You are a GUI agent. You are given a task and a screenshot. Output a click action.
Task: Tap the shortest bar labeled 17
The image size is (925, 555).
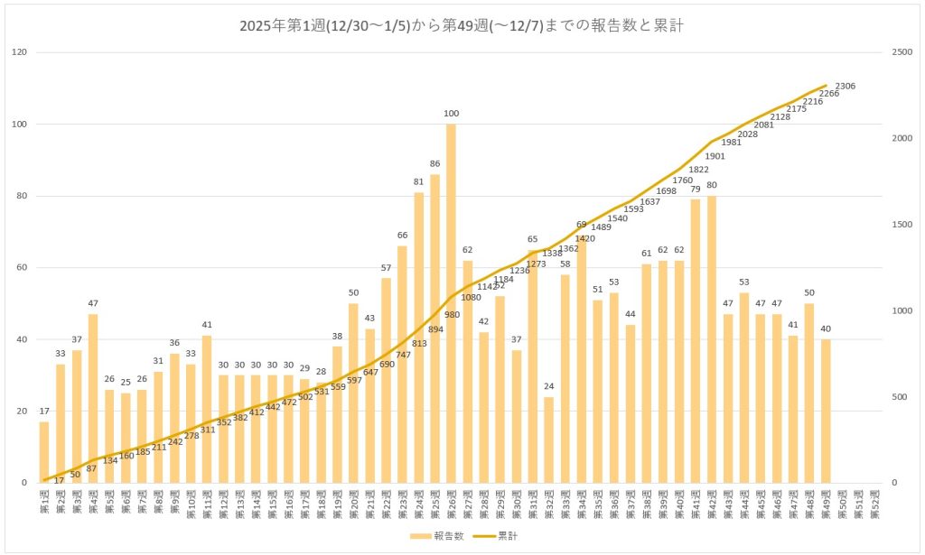click(x=43, y=452)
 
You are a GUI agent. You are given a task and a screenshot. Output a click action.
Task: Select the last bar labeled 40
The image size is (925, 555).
click(x=825, y=411)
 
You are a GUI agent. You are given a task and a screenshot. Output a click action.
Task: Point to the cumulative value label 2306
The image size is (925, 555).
click(x=846, y=86)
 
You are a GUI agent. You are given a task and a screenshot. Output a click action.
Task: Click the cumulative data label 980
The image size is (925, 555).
click(x=451, y=314)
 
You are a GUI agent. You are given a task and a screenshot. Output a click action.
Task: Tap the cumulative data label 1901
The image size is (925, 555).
click(x=715, y=155)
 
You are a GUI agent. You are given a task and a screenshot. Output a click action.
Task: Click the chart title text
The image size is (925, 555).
click(x=462, y=26)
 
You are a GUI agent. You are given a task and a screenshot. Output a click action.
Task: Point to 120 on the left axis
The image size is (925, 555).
click(x=19, y=52)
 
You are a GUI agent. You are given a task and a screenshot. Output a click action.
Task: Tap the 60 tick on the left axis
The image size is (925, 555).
click(x=22, y=267)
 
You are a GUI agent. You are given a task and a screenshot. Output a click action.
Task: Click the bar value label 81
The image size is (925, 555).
click(x=418, y=182)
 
